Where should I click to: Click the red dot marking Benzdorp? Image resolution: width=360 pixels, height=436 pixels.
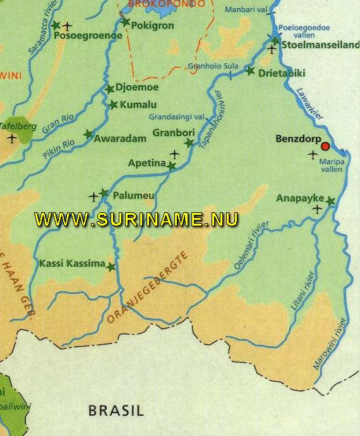[325, 147]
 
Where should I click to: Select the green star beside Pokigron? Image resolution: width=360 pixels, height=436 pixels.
[125, 23]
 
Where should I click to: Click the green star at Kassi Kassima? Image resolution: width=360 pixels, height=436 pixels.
[112, 267]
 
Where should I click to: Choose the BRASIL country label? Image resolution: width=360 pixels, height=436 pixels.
[116, 410]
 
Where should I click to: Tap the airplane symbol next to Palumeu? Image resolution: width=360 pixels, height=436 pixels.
[95, 197]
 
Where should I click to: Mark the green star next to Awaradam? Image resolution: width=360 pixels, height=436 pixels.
[88, 135]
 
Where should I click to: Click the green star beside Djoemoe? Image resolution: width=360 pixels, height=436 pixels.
[111, 89]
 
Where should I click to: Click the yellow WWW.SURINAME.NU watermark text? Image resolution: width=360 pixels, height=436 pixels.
[136, 219]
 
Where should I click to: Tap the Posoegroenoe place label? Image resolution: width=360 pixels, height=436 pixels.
[89, 36]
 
